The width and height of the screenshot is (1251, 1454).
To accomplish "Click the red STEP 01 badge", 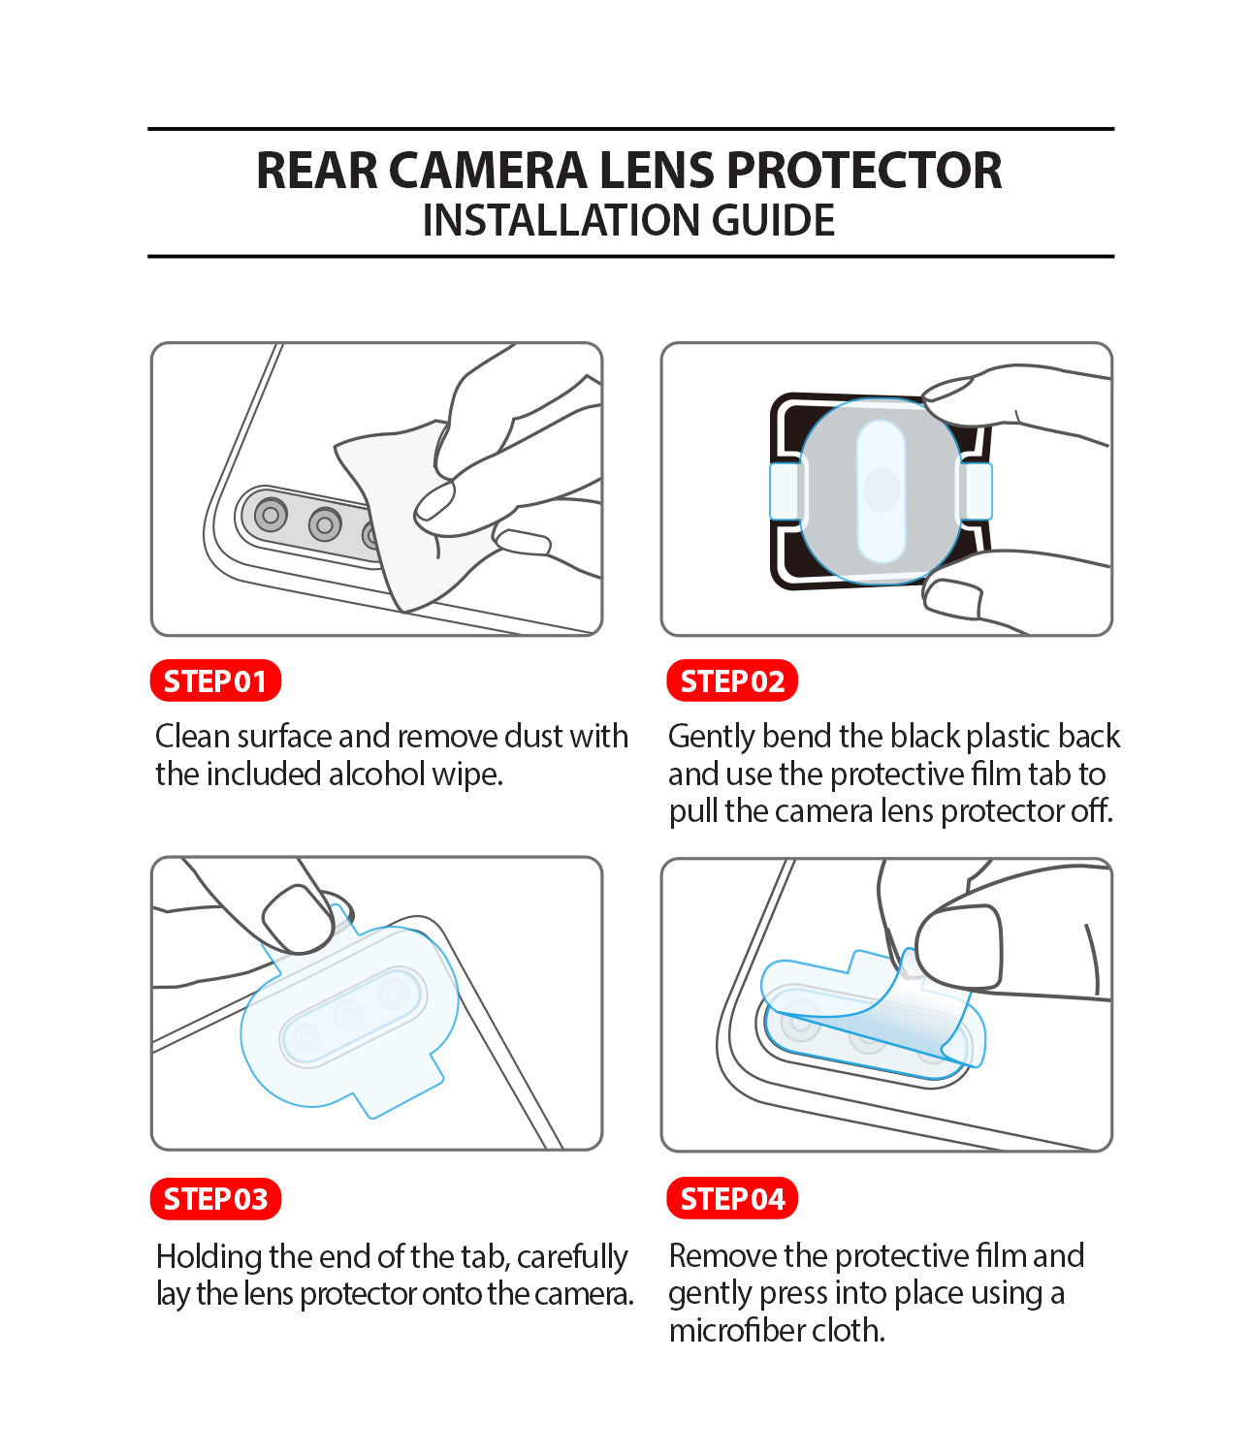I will point(215,681).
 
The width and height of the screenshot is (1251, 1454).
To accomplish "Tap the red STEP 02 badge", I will point(732,681).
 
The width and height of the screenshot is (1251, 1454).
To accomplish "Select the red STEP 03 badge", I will point(215,1199).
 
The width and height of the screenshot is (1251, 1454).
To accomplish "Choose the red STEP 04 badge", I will point(732,1199).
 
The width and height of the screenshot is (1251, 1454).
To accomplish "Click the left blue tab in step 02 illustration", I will point(785,490).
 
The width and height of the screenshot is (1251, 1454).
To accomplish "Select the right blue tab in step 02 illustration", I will point(976,490).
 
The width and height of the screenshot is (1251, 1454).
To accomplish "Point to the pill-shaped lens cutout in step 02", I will point(881,490).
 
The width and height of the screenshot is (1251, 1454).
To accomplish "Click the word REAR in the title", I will point(316,171).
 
